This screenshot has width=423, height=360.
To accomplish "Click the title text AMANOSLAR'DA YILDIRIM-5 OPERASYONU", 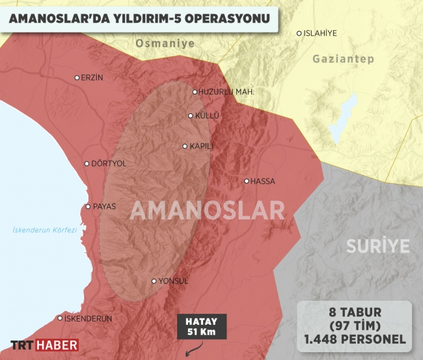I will [139, 20].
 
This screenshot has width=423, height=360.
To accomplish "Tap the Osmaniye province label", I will [165, 43].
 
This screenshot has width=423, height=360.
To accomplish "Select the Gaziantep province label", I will [343, 59].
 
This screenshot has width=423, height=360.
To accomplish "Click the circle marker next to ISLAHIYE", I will [299, 33].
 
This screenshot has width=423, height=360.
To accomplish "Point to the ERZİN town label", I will [92, 77].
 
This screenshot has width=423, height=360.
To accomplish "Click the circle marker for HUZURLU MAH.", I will [195, 92].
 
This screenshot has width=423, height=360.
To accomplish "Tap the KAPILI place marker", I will [185, 146].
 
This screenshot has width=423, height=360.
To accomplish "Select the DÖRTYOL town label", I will [109, 164].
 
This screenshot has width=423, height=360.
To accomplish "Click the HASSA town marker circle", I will [246, 181].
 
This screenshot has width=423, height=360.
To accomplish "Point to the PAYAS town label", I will [104, 207].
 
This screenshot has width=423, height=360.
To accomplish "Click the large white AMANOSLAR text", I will [207, 210].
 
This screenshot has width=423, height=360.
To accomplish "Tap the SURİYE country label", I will [377, 246].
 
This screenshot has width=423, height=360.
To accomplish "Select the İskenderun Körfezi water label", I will [45, 230].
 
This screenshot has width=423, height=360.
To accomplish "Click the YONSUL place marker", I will [154, 282].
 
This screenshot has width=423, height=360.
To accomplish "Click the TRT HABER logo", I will [44, 345].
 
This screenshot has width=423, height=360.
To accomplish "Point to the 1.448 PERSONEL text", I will [354, 339].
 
